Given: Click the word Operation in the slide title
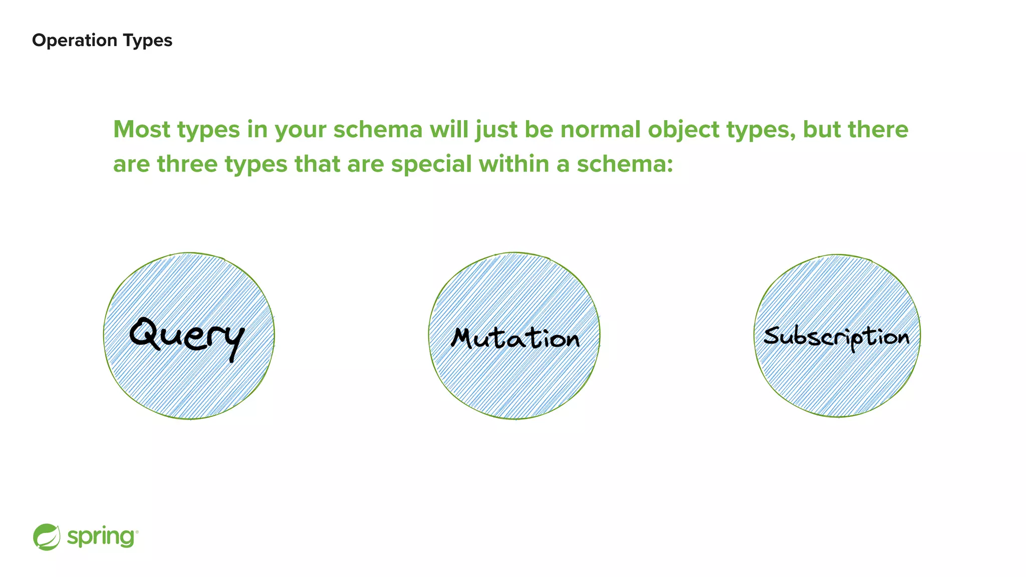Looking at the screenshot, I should click(x=68, y=40).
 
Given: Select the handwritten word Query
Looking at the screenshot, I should click(x=186, y=336).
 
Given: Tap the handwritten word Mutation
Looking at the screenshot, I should click(x=515, y=338).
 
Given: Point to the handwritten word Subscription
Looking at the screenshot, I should click(x=836, y=337).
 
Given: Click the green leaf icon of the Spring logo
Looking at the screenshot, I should click(x=47, y=537).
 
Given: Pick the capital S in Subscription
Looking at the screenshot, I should click(x=773, y=336).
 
